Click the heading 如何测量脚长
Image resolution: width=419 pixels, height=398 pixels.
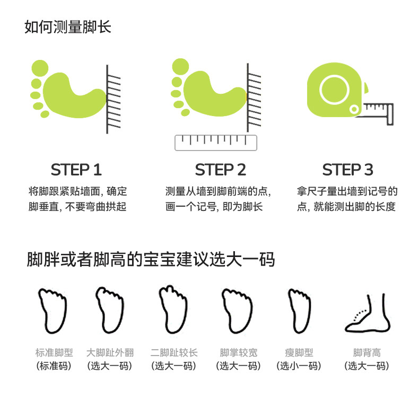[68, 27]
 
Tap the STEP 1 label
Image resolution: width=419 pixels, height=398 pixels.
[76, 170]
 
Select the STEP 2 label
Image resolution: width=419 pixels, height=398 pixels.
[221, 170]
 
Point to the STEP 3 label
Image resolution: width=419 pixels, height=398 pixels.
[347, 170]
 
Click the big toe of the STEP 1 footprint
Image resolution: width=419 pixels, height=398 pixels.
[40, 68]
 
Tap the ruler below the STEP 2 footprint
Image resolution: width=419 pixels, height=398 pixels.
[216, 143]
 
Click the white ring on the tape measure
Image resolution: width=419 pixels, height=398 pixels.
[334, 90]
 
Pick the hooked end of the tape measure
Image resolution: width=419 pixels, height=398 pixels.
[390, 114]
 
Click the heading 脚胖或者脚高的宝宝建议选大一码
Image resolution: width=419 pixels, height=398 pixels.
[151, 259]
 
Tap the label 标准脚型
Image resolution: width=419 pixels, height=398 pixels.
[54, 353]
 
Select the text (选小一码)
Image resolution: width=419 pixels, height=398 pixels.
[299, 366]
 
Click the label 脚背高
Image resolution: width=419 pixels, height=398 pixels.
[367, 353]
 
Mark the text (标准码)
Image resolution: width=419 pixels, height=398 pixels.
[54, 366]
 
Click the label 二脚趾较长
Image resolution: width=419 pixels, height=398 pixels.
[174, 353]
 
